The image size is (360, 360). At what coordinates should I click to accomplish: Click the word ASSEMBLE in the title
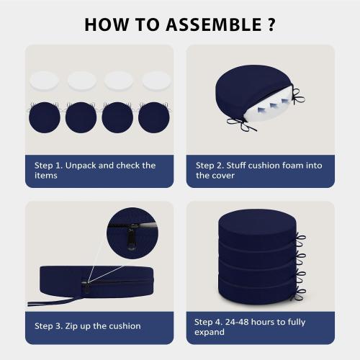214,24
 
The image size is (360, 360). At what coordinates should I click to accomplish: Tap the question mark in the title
271,24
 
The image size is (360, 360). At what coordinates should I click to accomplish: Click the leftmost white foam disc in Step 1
44,81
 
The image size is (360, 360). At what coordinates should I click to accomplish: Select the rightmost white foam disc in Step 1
156,81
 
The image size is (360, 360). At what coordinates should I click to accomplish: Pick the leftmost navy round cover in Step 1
45,117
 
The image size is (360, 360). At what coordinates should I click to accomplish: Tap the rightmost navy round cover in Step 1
154,117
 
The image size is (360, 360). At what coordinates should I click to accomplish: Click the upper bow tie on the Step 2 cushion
298,96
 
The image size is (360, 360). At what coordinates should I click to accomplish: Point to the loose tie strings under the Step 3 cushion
49,302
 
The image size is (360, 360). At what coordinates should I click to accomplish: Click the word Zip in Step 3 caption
71,326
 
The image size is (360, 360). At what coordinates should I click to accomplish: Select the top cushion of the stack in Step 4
258,227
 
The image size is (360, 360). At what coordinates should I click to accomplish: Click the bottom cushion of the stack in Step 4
258,290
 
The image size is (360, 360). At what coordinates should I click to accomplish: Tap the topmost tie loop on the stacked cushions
301,240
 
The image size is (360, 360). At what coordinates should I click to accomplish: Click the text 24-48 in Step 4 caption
237,322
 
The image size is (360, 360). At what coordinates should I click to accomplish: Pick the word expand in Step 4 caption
210,333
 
